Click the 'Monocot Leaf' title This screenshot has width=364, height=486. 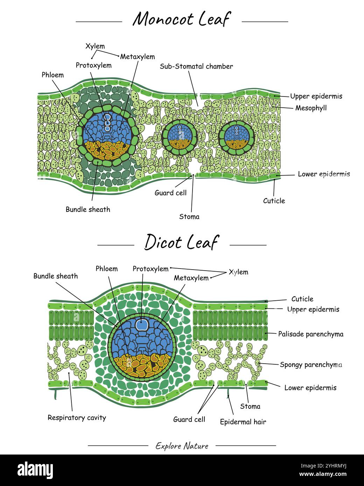pos(181,19)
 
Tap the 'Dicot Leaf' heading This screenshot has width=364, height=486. pos(181,242)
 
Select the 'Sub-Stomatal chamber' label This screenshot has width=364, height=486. pos(196,66)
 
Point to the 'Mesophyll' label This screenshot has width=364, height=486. pos(311,108)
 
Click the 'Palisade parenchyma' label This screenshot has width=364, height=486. pos(310,334)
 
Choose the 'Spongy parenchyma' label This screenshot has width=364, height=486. pos(311,365)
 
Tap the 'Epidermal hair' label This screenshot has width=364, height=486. pos(243,422)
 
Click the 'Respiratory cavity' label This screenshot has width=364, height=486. pos(77,417)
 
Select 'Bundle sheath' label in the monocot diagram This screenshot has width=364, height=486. pos(88,209)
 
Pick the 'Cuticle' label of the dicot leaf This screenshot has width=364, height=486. pos(302,299)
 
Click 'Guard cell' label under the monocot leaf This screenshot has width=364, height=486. pos(170,193)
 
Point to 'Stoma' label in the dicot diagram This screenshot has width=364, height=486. pos(250,406)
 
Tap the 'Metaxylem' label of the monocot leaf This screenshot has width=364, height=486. pos(137,57)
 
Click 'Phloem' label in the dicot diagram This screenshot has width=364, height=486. pos(106,269)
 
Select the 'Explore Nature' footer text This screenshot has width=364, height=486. pos(182,446)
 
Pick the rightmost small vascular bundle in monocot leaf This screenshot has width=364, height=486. pos(236,136)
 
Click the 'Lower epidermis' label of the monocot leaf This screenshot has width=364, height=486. pos(323,174)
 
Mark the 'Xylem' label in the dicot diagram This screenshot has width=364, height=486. pos(238,272)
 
